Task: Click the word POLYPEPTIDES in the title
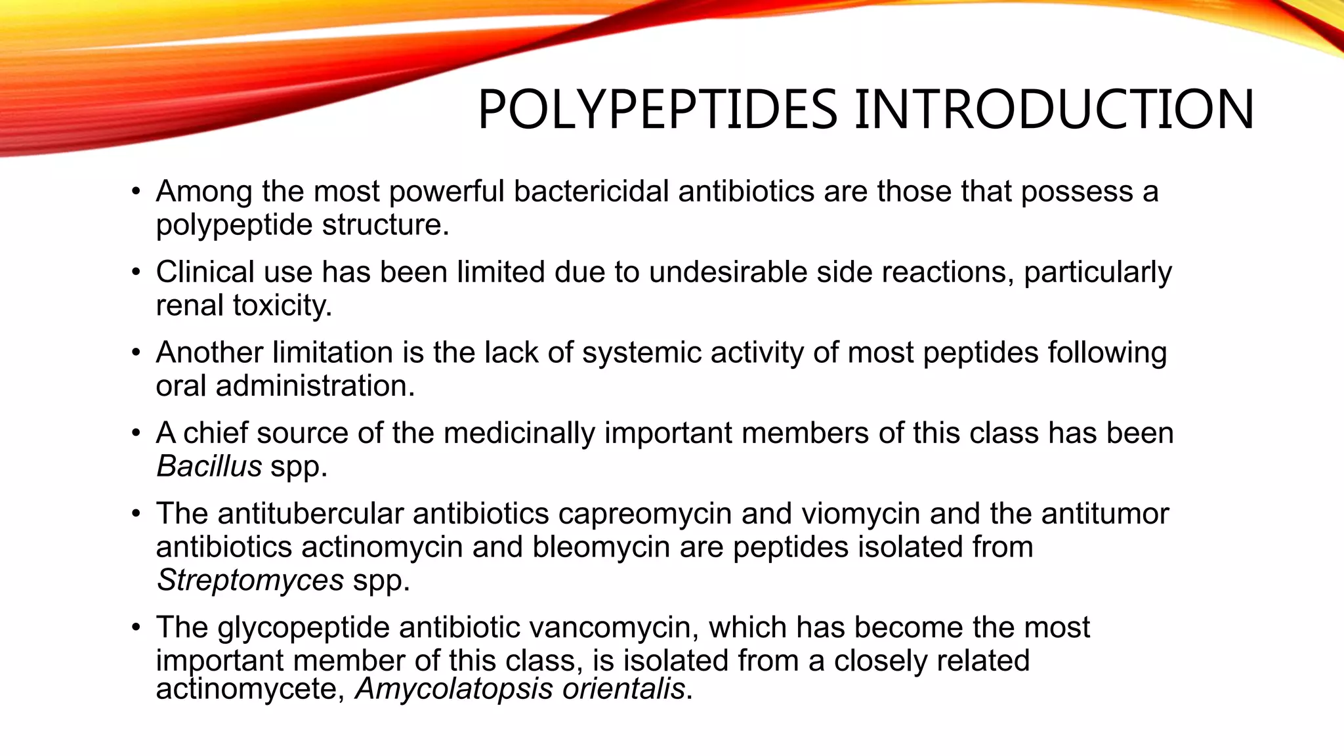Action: click(657, 110)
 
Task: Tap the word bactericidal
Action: click(595, 192)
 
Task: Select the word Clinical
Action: click(205, 272)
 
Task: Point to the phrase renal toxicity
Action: click(243, 306)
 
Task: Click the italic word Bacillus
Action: click(209, 467)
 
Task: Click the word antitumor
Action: click(1105, 514)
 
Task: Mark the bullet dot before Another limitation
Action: click(136, 353)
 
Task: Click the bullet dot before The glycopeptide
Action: click(136, 628)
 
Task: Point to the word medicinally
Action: click(519, 434)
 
